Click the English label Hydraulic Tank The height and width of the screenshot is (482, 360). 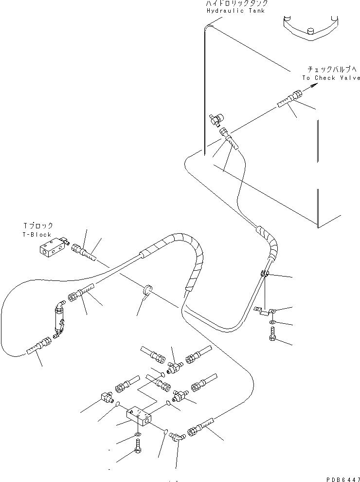coord(235,11)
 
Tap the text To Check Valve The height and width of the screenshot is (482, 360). coord(331,78)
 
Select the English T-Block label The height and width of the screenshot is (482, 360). coord(37,235)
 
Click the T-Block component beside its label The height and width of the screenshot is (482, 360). coord(51,247)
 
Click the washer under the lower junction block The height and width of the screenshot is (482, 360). coord(138,434)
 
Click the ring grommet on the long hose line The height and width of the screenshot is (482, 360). coord(146,291)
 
